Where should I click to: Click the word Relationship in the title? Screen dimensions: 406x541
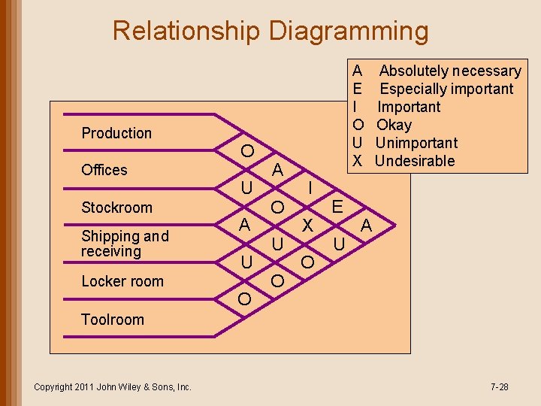click(x=186, y=32)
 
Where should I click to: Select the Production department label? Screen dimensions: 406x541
click(x=116, y=133)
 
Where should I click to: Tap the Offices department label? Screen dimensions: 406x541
click(x=104, y=170)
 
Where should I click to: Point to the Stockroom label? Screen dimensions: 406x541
click(x=116, y=208)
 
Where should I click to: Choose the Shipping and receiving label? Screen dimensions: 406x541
click(x=125, y=244)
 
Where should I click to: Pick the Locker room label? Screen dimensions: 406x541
click(x=122, y=281)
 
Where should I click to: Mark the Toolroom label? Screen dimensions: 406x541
click(x=113, y=319)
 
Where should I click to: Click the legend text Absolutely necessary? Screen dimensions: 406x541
click(x=450, y=71)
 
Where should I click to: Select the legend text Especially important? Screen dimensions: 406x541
click(x=447, y=89)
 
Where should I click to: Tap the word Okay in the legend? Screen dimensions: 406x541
click(x=394, y=125)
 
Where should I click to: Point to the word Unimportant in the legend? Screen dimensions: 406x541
click(x=416, y=143)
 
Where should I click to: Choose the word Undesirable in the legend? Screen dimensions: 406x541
click(x=415, y=161)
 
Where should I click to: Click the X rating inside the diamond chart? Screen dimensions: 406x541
click(x=307, y=225)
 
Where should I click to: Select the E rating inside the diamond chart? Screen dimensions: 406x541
click(x=337, y=206)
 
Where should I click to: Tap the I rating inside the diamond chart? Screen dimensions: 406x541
click(x=310, y=186)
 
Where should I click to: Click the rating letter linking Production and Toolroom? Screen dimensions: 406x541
click(x=367, y=225)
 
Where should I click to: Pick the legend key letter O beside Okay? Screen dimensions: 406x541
click(x=358, y=125)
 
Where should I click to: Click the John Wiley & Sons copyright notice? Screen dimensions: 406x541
click(x=113, y=387)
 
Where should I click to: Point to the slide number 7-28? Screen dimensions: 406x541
click(x=499, y=387)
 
